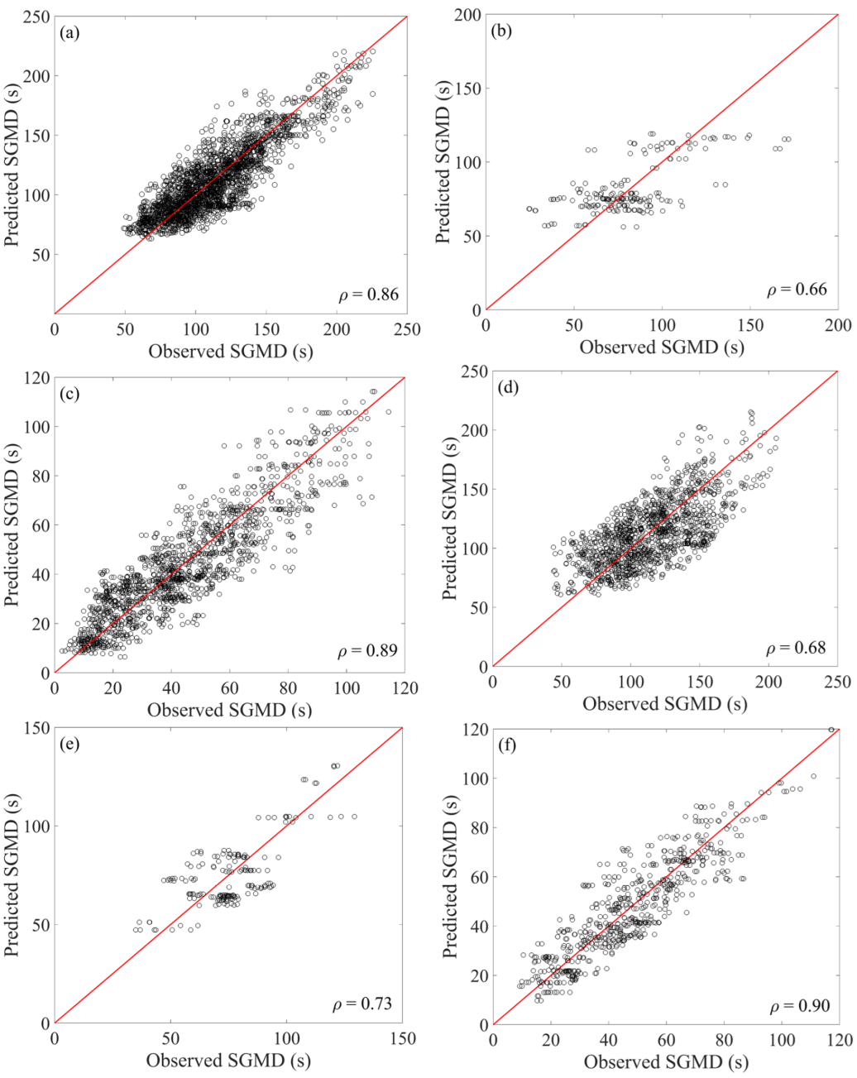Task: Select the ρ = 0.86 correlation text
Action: click(368, 295)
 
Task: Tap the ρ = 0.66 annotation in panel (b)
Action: click(797, 290)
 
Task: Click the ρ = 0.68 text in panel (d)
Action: click(797, 648)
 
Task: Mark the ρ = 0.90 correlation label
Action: click(800, 1006)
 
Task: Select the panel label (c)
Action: click(70, 394)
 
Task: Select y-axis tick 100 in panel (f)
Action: click(474, 779)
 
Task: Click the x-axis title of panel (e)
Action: click(228, 1061)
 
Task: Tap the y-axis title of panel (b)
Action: click(444, 163)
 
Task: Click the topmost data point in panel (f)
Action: click(831, 730)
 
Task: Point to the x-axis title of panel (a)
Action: click(231, 351)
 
